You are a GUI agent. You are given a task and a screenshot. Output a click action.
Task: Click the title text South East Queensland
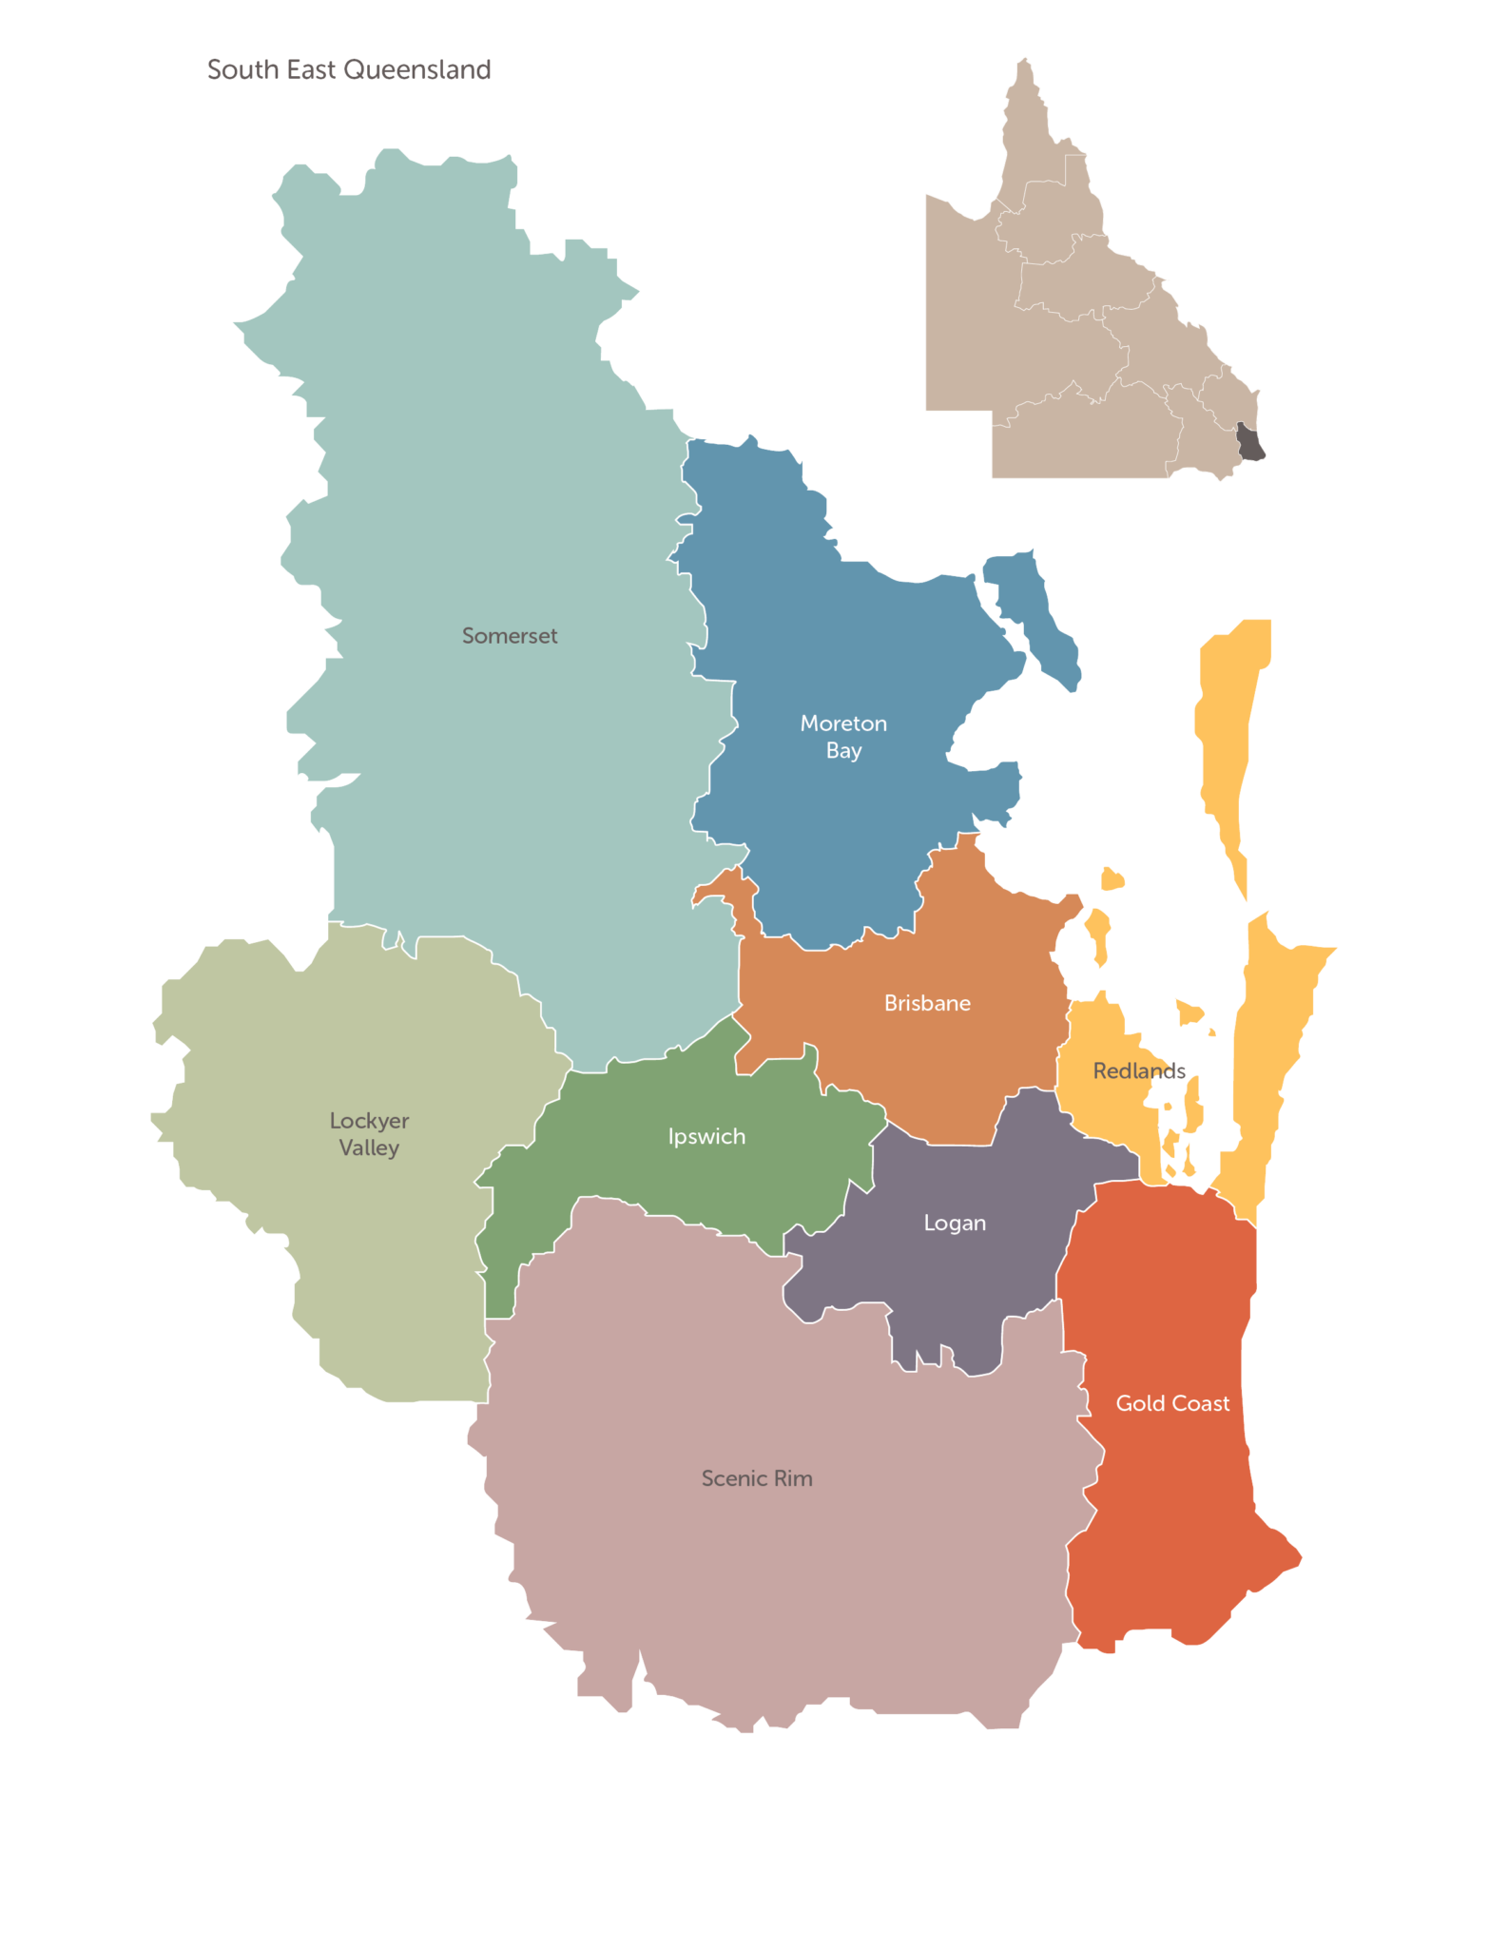[348, 69]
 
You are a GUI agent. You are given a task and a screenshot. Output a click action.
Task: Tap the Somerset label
[510, 636]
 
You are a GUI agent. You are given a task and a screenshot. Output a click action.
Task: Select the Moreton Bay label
[843, 737]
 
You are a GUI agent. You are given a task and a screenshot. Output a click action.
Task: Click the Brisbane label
[927, 1003]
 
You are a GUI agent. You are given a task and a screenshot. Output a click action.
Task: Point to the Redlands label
[1139, 1071]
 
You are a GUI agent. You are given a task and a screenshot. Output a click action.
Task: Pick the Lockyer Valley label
[369, 1134]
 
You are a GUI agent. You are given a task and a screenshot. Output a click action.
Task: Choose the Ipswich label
[706, 1137]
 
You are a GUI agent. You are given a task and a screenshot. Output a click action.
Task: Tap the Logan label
[955, 1224]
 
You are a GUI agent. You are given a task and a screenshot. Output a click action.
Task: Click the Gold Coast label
[1172, 1403]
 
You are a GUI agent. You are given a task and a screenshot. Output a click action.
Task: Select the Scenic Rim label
[757, 1478]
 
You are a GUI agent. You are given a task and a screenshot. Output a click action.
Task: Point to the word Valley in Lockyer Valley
[369, 1148]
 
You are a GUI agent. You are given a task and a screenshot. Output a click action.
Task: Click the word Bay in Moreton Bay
[843, 751]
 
